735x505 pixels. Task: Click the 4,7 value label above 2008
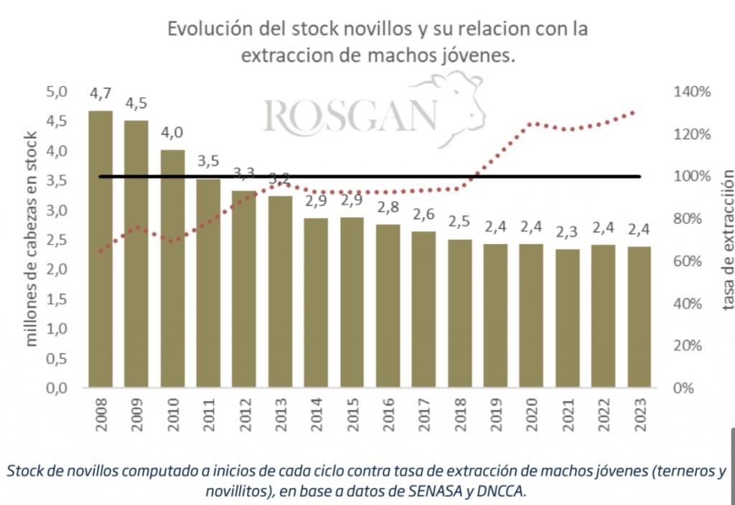[x=100, y=93]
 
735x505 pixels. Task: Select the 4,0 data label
[x=172, y=133]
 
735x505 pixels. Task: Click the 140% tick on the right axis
[x=692, y=92]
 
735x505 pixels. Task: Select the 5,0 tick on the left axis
[x=57, y=92]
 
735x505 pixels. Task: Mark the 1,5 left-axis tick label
[x=57, y=299]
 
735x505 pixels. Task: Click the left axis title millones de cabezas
[x=32, y=240]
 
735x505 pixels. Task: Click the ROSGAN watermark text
[x=350, y=115]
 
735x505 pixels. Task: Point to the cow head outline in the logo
[x=462, y=108]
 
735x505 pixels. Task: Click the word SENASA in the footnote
[x=411, y=490]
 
